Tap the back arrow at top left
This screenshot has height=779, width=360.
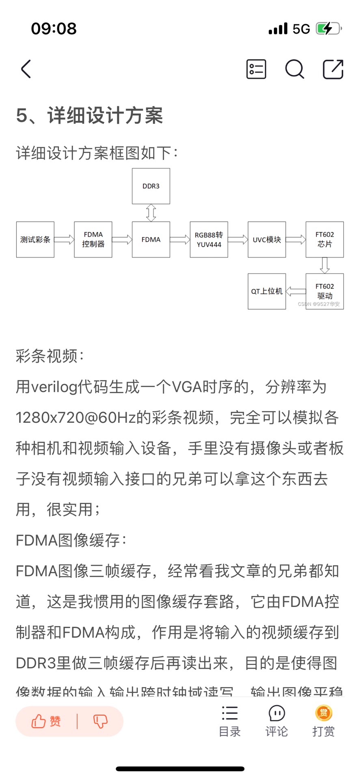tap(26, 69)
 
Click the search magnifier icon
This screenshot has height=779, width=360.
tap(294, 69)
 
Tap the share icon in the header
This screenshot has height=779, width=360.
tap(333, 69)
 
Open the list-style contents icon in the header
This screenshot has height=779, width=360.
tap(256, 69)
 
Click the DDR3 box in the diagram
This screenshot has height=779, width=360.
tap(151, 186)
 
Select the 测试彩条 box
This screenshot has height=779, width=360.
tap(35, 239)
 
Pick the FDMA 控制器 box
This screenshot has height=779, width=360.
tap(93, 239)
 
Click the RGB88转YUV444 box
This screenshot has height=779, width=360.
tap(209, 239)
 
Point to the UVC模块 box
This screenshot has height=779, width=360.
tap(267, 239)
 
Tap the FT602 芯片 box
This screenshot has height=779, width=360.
tap(325, 239)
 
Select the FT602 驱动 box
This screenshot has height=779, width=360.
tap(325, 291)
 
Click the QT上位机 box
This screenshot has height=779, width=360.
tap(267, 291)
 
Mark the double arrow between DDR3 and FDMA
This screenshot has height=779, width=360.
tap(151, 213)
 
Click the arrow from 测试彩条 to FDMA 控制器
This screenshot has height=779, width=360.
tap(64, 239)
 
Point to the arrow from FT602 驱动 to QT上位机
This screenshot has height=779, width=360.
tap(296, 291)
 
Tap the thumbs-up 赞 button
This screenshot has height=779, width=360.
tap(46, 721)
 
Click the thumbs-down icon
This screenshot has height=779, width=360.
tap(100, 721)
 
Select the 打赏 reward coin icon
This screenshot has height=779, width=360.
tap(323, 713)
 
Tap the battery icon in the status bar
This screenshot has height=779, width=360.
tap(328, 29)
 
